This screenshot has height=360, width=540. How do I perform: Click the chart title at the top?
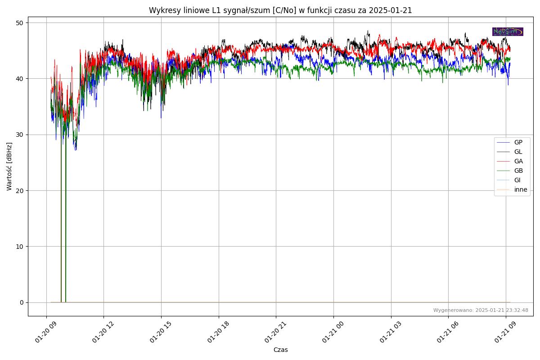tap(280, 10)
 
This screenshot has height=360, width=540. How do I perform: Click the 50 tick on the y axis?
tap(20, 23)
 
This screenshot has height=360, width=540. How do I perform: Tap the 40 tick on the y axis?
tap(20, 79)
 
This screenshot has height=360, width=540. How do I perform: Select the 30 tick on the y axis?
tap(20, 135)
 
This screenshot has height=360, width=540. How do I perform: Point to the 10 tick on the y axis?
tap(20, 247)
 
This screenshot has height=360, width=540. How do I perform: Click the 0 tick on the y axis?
tap(21, 302)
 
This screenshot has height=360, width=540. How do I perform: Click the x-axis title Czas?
tap(280, 350)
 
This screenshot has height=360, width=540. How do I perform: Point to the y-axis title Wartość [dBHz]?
tap(9, 166)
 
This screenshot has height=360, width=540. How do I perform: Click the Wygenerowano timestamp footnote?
tap(481, 310)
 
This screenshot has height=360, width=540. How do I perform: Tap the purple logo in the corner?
tap(508, 31)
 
